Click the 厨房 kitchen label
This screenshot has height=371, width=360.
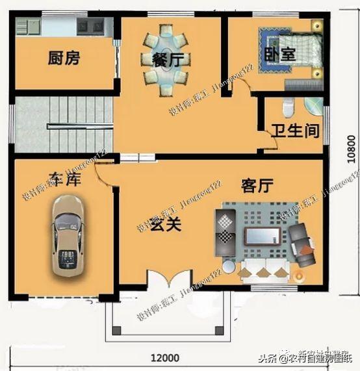(x=64, y=58)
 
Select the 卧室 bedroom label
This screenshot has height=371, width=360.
(x=279, y=55)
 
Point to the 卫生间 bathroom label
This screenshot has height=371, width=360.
(x=296, y=131)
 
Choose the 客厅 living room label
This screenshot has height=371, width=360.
(x=256, y=186)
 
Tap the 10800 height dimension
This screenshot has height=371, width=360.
(x=350, y=151)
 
